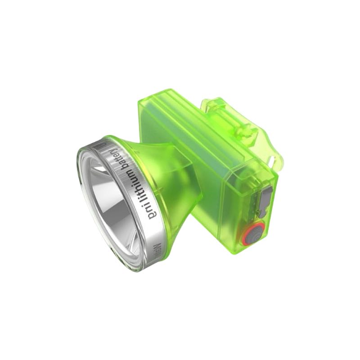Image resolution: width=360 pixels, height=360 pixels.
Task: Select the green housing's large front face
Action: click(x=216, y=189)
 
